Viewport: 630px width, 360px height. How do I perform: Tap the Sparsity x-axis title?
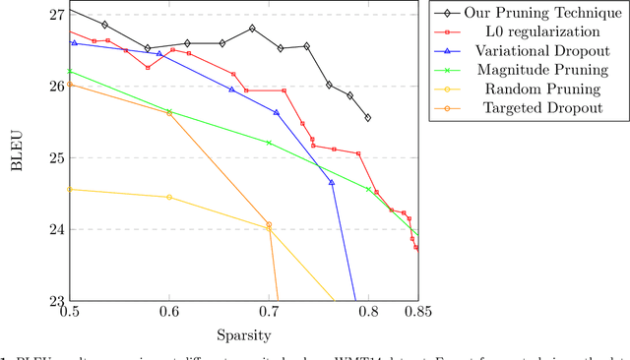243,335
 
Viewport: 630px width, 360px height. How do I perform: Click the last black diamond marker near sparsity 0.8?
368,117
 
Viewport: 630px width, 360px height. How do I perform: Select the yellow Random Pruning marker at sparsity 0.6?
169,197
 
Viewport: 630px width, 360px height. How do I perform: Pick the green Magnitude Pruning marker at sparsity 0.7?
269,143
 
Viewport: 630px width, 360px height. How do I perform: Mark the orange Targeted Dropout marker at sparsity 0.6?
169,112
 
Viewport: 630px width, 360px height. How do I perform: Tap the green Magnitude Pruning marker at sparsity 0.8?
368,189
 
